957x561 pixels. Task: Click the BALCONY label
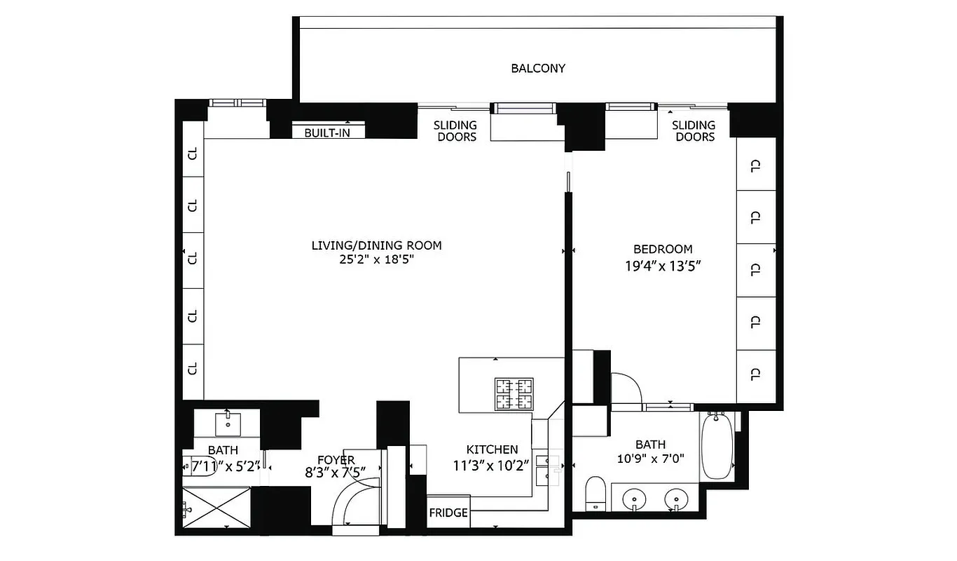(x=537, y=69)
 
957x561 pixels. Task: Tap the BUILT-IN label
(x=326, y=133)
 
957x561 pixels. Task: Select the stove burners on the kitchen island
(x=514, y=394)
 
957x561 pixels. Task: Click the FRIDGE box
(x=448, y=513)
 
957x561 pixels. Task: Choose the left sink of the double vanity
(x=635, y=499)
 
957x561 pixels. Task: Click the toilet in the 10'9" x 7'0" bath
(x=595, y=494)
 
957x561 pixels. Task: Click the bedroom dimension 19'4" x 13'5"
(x=662, y=266)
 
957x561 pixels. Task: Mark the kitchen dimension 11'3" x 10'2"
(x=492, y=464)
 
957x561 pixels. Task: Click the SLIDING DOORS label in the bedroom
(x=694, y=131)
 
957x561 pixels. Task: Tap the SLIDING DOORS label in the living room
(x=455, y=131)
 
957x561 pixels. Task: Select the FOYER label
(x=336, y=460)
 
